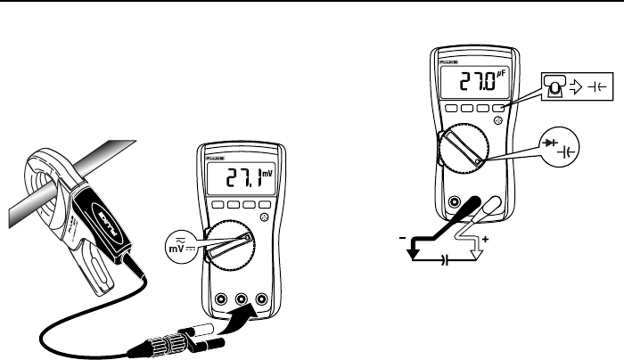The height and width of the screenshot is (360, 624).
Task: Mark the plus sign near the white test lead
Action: [x=486, y=241]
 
